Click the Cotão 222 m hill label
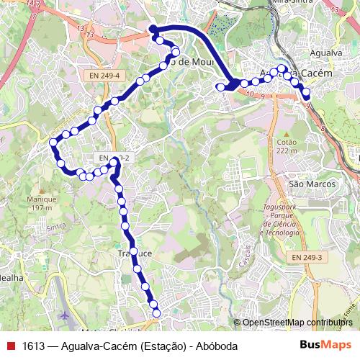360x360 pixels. point(286,146)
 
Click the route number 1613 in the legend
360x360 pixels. point(32,346)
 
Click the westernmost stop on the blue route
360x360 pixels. point(53,143)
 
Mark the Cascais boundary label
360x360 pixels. point(248,253)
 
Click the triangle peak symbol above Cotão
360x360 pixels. point(286,134)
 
